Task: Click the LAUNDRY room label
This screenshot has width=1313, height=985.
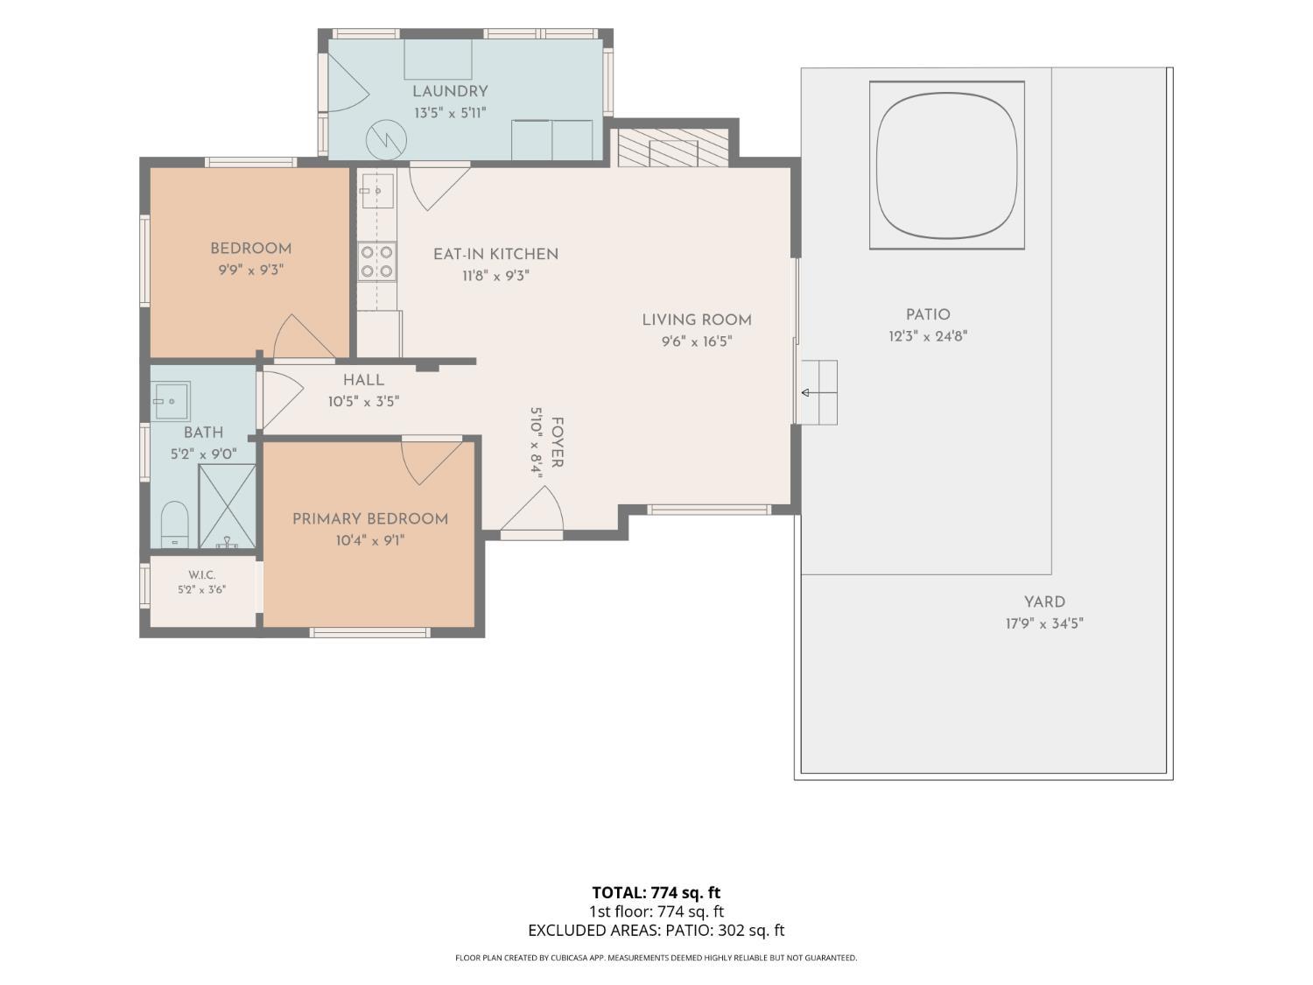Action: click(x=450, y=92)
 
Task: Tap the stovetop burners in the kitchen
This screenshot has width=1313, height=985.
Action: click(x=377, y=261)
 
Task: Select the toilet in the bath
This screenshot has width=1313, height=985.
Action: click(x=175, y=524)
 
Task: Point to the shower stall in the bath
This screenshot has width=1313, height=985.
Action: click(x=228, y=506)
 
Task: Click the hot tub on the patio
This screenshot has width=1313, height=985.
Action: click(x=947, y=165)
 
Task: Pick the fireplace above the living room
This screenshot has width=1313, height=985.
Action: click(x=673, y=148)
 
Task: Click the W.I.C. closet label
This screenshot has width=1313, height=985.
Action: click(x=202, y=574)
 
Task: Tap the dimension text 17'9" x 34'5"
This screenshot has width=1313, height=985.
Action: click(x=1044, y=623)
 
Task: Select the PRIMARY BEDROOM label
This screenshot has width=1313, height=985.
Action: click(x=370, y=519)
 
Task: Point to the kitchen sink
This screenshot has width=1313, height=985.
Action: click(x=377, y=191)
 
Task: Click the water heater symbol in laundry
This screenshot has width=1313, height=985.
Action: click(x=386, y=141)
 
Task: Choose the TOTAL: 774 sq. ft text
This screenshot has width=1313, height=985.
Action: click(x=656, y=892)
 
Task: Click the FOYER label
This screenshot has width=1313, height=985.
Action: click(x=557, y=442)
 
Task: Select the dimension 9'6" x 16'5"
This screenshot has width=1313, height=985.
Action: click(x=697, y=341)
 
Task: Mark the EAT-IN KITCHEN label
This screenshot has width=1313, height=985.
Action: click(x=496, y=254)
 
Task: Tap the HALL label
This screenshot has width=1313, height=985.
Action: click(x=363, y=380)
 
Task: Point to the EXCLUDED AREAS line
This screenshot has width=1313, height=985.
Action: click(x=656, y=930)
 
